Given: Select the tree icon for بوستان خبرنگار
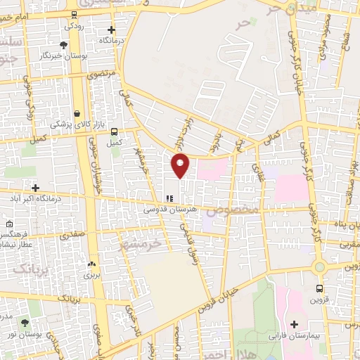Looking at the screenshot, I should coord(63,45).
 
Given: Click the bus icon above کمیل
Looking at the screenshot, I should coord(114,131).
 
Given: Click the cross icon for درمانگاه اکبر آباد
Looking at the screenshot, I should coord(35,188).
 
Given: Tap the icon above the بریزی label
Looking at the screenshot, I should coord(92,264).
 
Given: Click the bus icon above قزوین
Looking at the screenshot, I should coord(320,288).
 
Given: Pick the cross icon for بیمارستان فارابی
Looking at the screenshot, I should coord(295,324).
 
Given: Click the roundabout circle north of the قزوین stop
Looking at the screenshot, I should coord(320,266).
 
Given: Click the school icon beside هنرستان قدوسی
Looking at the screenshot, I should coord(167,199).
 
